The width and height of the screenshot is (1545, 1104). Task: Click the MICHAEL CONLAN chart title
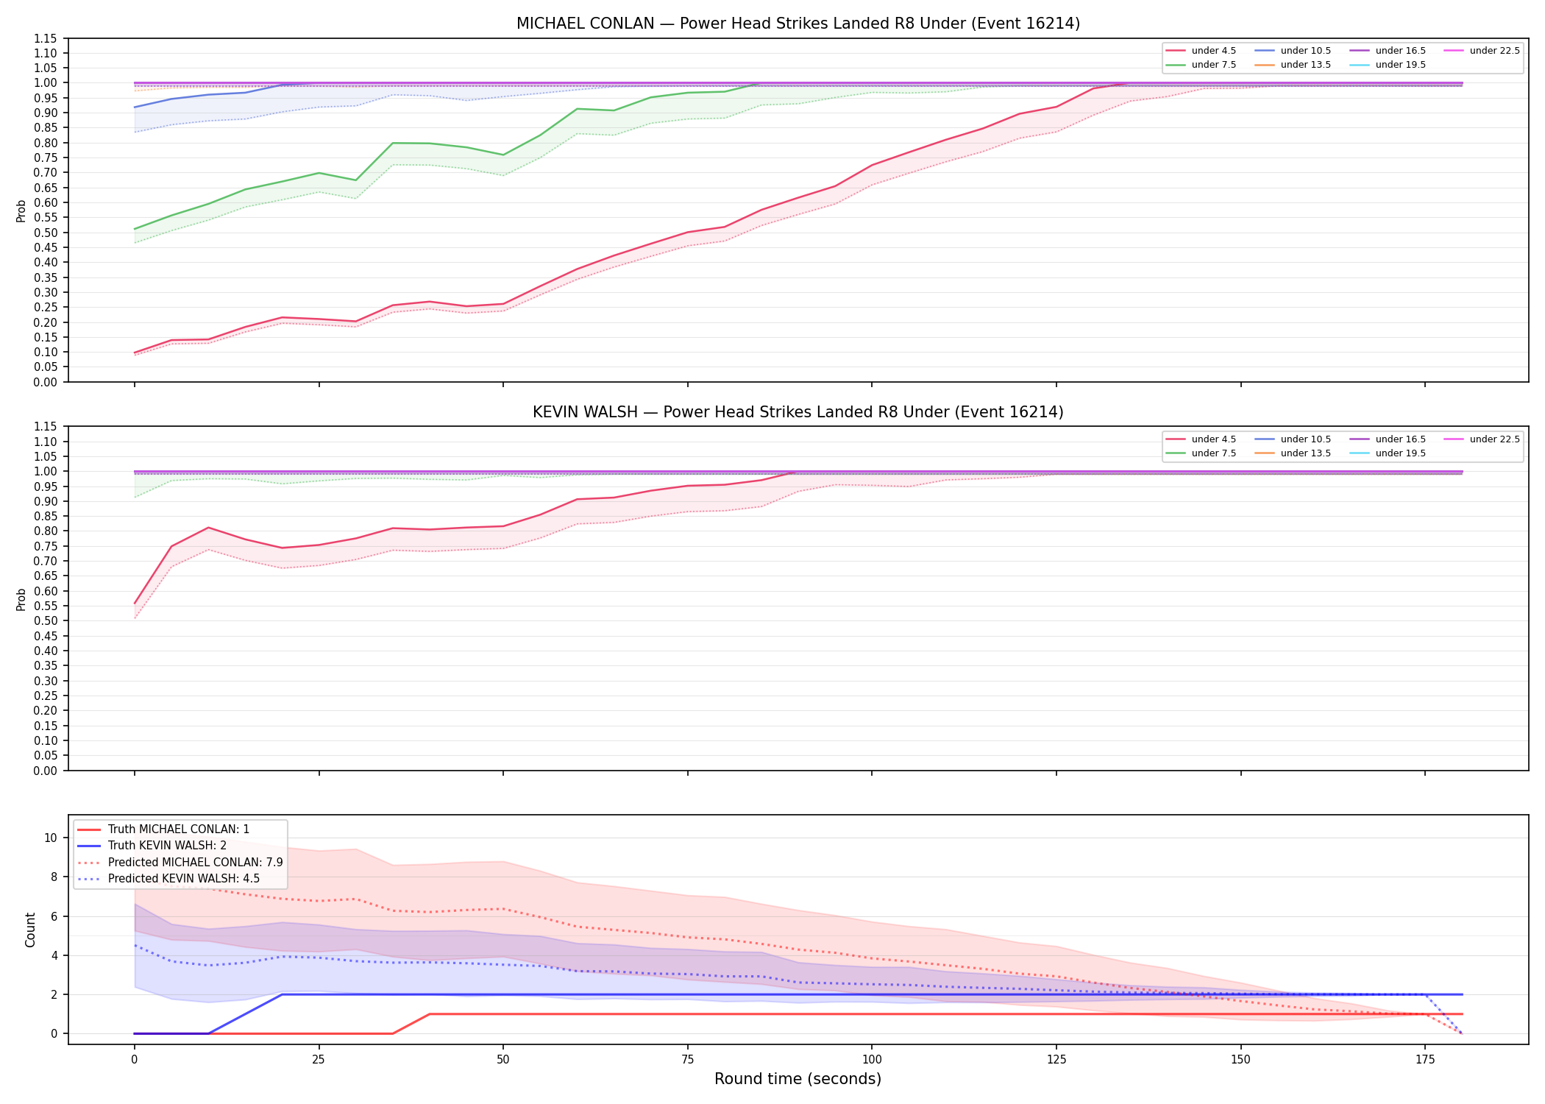click(x=798, y=24)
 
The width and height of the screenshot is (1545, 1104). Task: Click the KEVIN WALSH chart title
click(x=798, y=412)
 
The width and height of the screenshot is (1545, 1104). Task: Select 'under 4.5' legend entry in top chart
click(x=1201, y=51)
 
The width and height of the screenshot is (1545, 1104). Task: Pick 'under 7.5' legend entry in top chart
click(x=1201, y=65)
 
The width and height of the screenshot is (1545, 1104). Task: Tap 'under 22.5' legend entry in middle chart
click(x=1482, y=439)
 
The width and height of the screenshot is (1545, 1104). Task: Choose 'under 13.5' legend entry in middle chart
click(x=1293, y=453)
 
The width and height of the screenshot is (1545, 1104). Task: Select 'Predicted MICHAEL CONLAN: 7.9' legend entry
click(x=180, y=862)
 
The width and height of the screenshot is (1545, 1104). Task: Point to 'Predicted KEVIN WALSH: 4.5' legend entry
click(x=168, y=878)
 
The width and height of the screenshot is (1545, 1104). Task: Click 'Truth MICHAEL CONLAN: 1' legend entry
click(x=163, y=829)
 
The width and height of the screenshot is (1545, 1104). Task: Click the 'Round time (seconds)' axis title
click(x=798, y=1079)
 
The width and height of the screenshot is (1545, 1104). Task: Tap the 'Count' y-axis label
click(x=30, y=930)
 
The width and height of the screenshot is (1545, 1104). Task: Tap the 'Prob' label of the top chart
click(x=21, y=210)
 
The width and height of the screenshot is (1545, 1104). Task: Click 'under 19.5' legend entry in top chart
click(x=1388, y=65)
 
